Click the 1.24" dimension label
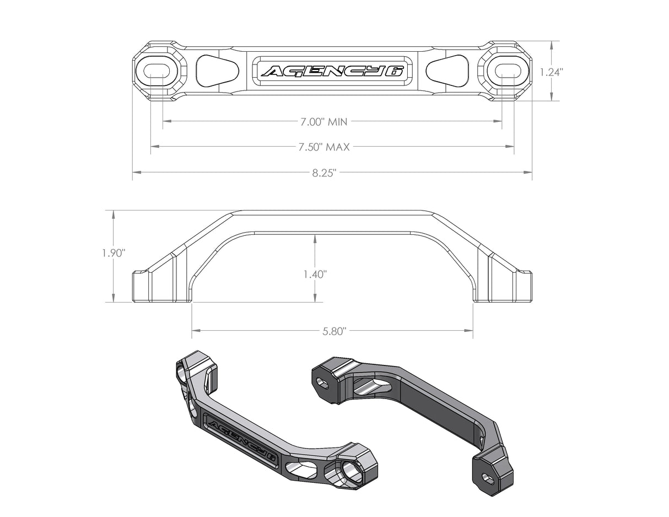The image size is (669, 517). pyautogui.click(x=551, y=72)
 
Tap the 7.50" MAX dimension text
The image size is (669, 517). pyautogui.click(x=324, y=147)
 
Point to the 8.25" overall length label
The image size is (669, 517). pyautogui.click(x=324, y=173)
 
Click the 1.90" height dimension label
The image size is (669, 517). pyautogui.click(x=114, y=253)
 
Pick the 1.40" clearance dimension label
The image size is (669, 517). pyautogui.click(x=315, y=274)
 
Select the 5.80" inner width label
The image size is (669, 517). pyautogui.click(x=333, y=331)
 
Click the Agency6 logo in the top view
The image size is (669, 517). pyautogui.click(x=332, y=71)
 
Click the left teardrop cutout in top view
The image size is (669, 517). pyautogui.click(x=216, y=71)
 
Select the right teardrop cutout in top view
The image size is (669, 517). pyautogui.click(x=448, y=71)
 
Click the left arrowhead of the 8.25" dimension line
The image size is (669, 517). pyautogui.click(x=136, y=173)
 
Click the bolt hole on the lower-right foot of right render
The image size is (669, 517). pyautogui.click(x=488, y=478)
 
